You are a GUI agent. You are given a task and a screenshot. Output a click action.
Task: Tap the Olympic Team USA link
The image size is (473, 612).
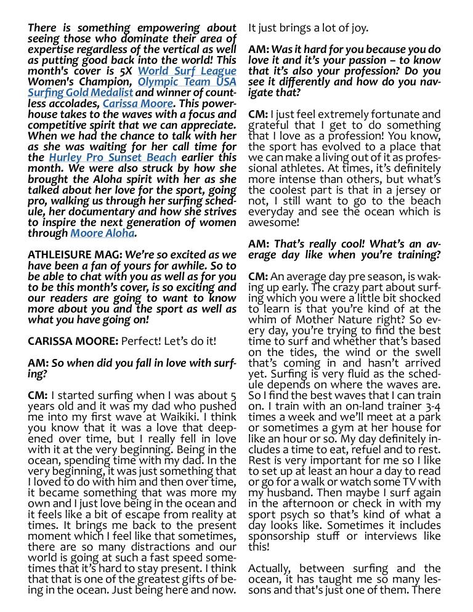pos(187,82)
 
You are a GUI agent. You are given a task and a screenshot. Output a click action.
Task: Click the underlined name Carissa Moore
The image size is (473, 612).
pos(137,103)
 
